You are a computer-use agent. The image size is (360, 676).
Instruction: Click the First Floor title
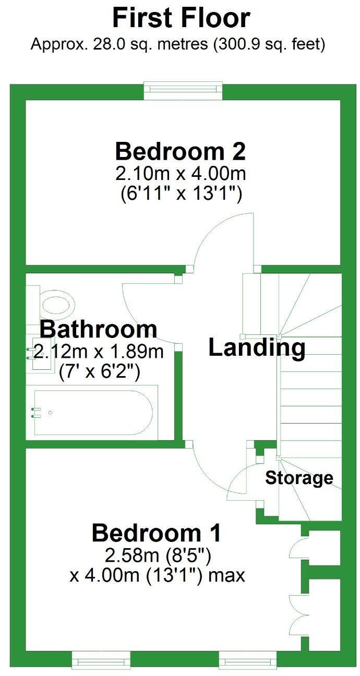point(181,18)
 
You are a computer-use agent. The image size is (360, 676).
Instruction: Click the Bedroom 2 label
point(180,151)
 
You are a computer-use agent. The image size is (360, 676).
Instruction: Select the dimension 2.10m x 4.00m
point(180,173)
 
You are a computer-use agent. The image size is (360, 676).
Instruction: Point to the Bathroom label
point(99,330)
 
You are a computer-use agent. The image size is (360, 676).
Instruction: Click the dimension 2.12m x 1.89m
point(99,352)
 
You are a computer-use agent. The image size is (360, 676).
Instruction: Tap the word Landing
point(257,348)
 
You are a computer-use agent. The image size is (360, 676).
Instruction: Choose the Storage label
point(299,478)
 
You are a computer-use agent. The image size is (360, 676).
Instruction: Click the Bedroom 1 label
point(157,533)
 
